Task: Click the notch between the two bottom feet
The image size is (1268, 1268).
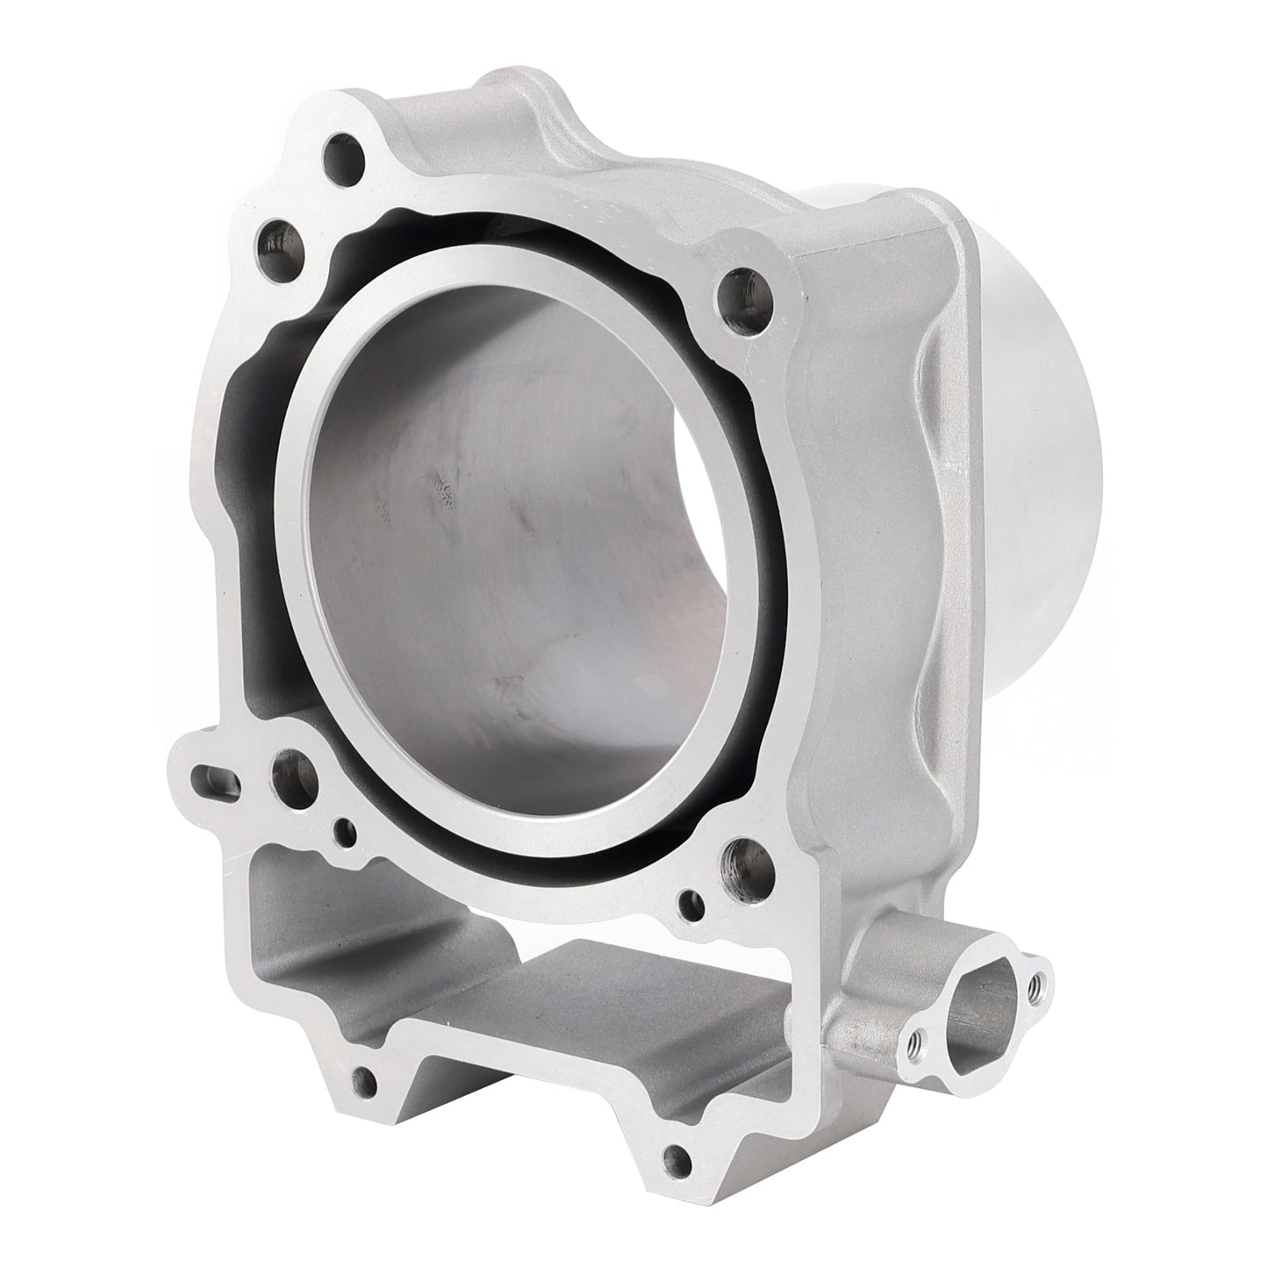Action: pyautogui.click(x=518, y=1079)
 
